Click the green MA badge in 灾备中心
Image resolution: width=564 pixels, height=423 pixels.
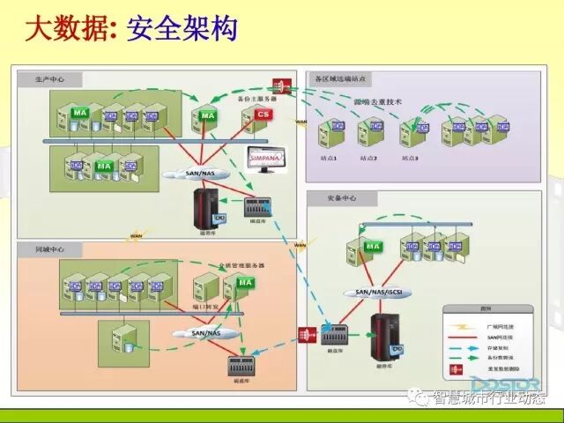(373, 246)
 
